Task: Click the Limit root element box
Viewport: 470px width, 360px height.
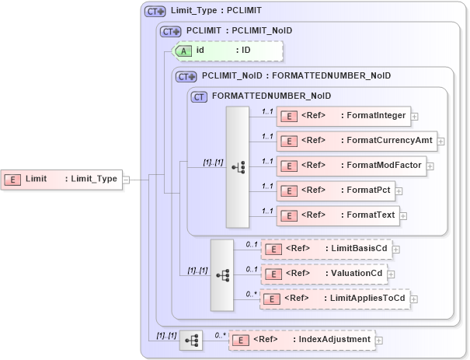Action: point(61,179)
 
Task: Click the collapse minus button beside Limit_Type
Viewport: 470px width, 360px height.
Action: point(126,179)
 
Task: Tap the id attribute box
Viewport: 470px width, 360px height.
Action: point(228,51)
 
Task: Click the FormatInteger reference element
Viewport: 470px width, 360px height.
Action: point(343,116)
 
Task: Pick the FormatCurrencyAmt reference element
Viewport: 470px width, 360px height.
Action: point(357,141)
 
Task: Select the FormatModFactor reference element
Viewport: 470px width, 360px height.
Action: point(350,166)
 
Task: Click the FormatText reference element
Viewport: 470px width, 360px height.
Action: point(337,215)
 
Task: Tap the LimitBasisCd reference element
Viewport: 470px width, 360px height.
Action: point(326,249)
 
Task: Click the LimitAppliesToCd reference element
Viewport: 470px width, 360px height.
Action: point(335,299)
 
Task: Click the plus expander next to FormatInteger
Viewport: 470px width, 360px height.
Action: point(415,117)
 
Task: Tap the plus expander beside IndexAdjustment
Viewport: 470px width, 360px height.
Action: point(380,341)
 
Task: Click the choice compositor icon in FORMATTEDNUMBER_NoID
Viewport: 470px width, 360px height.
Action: point(238,166)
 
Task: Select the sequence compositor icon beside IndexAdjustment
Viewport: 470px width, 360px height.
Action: point(191,340)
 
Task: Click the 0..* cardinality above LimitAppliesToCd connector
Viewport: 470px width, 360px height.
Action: point(250,293)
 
